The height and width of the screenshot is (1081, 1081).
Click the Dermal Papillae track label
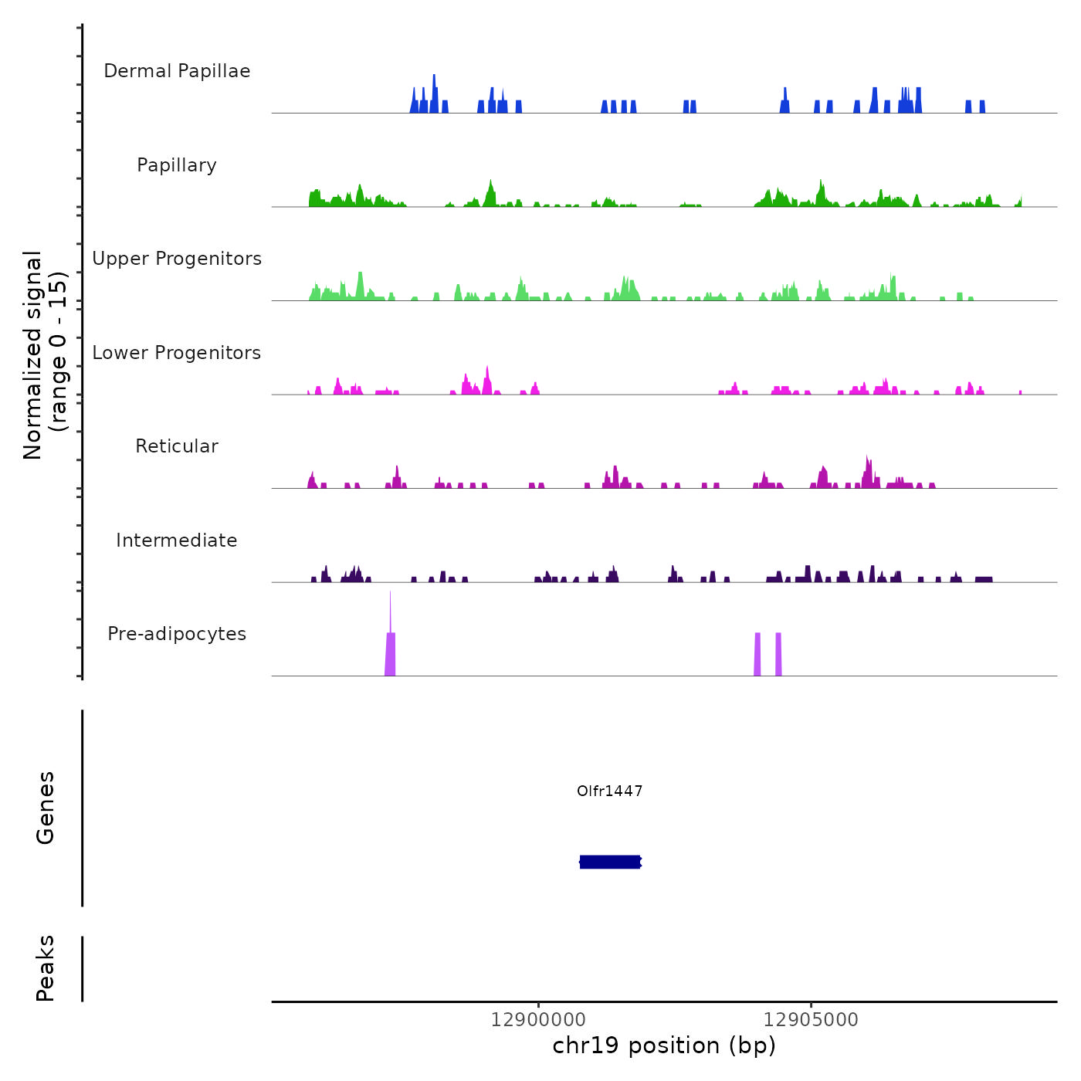177,71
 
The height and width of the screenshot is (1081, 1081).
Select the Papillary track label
177,165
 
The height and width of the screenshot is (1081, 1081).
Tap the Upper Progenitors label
177,259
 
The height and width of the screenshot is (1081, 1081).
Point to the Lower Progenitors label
177,353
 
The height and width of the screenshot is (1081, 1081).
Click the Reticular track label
177,446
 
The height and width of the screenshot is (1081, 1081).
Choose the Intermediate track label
177,540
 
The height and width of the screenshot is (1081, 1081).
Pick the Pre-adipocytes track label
177,634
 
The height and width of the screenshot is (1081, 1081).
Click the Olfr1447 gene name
610,791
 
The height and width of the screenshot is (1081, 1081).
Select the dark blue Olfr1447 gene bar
610,862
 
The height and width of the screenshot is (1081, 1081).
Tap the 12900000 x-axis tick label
538,1020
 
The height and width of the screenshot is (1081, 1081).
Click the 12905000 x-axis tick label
811,1020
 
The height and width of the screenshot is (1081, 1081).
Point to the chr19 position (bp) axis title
664,1045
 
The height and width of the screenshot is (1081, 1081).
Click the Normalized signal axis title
32,354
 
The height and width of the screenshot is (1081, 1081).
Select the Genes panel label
46,808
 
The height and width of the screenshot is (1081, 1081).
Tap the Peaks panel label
46,968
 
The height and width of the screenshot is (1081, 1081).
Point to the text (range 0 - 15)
59,351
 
